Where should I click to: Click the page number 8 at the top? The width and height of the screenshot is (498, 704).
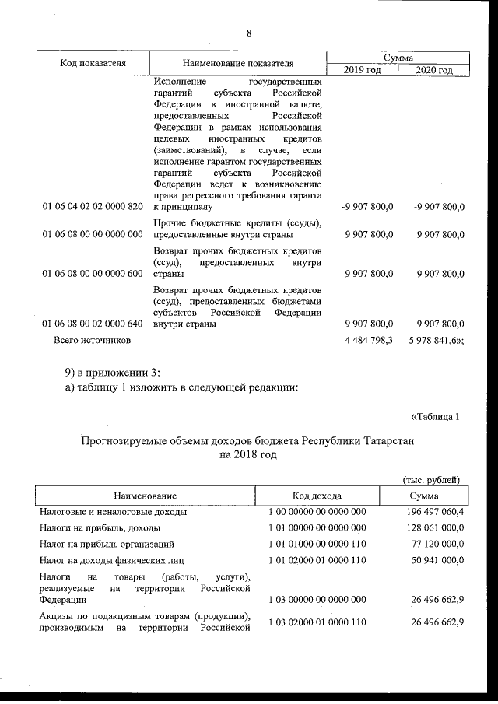tap(249, 33)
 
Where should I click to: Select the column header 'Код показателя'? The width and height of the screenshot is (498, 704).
tap(93, 63)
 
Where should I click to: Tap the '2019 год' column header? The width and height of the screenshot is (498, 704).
tap(362, 71)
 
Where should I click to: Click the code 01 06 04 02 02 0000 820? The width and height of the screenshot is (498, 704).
tap(93, 207)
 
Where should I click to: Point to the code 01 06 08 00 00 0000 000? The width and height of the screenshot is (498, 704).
tap(93, 234)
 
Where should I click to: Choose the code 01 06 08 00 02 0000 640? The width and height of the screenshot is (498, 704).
tap(93, 324)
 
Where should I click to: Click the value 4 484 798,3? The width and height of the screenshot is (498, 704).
tap(367, 341)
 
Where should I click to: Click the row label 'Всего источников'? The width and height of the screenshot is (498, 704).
tap(92, 341)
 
